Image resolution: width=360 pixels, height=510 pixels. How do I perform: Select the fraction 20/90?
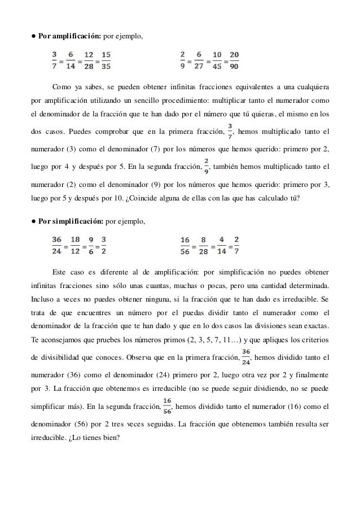pyautogui.click(x=234, y=61)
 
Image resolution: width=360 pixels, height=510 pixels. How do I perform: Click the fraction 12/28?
pyautogui.click(x=85, y=61)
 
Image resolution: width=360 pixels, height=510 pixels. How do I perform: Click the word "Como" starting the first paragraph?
pyautogui.click(x=62, y=88)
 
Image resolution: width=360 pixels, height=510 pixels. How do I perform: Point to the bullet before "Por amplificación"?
pyautogui.click(x=33, y=37)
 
